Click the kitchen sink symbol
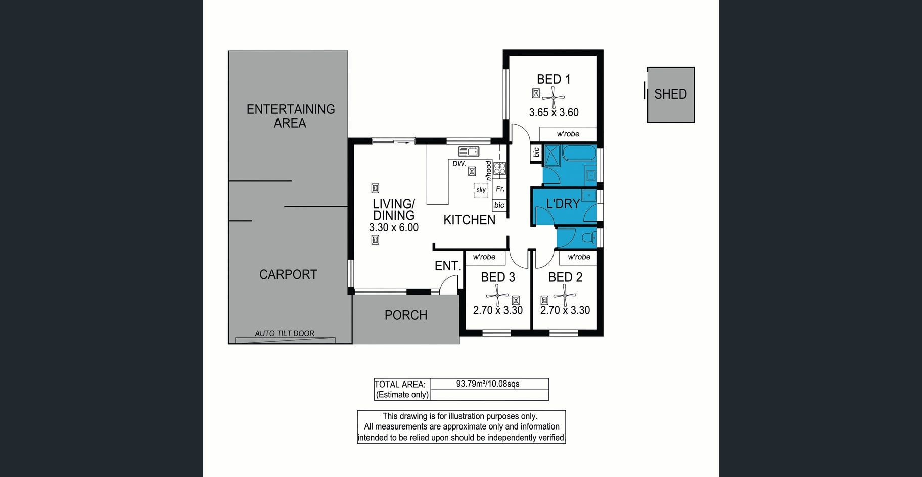[x=469, y=151]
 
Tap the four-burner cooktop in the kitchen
[x=500, y=168]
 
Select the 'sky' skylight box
[x=481, y=190]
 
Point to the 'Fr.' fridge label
[x=500, y=189]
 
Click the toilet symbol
[x=588, y=237]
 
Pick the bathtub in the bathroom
[x=579, y=153]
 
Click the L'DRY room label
[x=563, y=204]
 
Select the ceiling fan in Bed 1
[x=553, y=97]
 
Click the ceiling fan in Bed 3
[x=497, y=296]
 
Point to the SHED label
[x=670, y=94]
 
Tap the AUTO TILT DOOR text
[x=285, y=333]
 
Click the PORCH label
[x=406, y=315]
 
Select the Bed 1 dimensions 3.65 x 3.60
[x=554, y=112]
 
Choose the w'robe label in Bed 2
[x=579, y=257]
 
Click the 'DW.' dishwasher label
[x=459, y=164]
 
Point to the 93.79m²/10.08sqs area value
[x=488, y=384]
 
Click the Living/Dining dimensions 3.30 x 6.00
[x=394, y=227]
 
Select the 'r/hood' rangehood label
[x=488, y=170]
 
